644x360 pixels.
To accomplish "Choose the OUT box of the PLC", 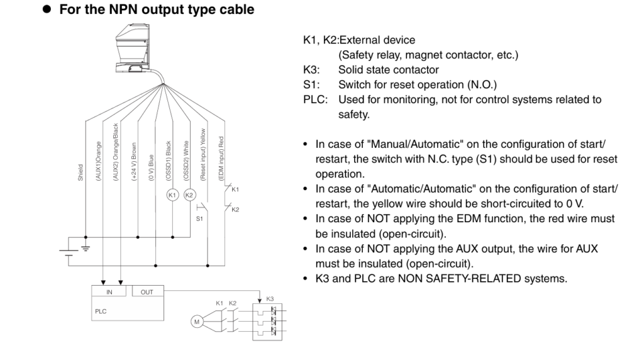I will click(147, 291).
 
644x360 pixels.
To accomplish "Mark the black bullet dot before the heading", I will click(47, 10).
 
